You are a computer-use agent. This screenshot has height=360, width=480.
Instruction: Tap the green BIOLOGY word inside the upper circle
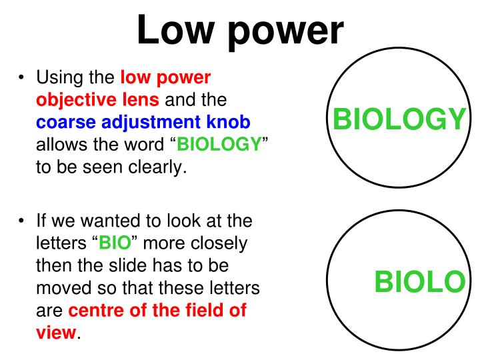(x=398, y=120)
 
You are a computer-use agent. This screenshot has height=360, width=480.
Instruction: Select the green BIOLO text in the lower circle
(x=419, y=283)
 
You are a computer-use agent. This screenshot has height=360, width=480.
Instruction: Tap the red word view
(x=55, y=332)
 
